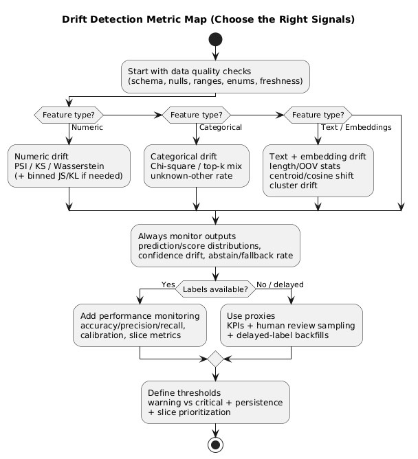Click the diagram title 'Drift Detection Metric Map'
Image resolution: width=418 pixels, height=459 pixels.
click(x=208, y=19)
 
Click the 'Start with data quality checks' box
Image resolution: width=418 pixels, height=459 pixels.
click(x=215, y=76)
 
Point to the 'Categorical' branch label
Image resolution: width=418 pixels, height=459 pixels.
click(x=220, y=127)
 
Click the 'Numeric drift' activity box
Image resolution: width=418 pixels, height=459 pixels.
click(x=69, y=166)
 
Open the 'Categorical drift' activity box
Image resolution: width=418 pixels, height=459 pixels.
click(x=196, y=166)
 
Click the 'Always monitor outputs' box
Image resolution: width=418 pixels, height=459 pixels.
click(x=215, y=245)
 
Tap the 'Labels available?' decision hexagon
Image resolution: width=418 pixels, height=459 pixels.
click(x=215, y=289)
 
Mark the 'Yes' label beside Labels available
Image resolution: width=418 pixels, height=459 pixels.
click(x=168, y=284)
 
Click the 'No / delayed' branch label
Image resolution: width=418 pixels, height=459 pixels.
click(x=280, y=284)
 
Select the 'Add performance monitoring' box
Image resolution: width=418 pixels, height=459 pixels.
click(x=140, y=324)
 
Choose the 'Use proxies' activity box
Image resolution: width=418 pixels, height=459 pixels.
click(x=291, y=324)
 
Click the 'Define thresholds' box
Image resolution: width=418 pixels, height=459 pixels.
click(x=215, y=402)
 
